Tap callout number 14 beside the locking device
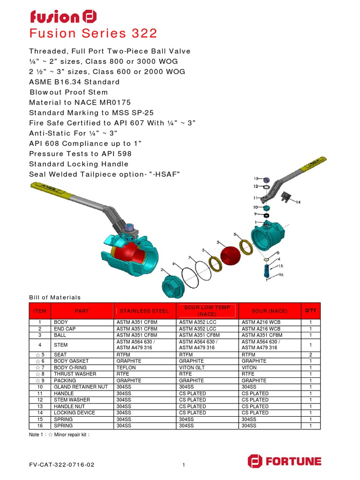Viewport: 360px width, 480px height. pyautogui.click(x=298, y=202)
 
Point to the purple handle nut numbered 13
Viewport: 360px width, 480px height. pyautogui.click(x=265, y=180)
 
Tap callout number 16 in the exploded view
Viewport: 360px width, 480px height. pyautogui.click(x=281, y=276)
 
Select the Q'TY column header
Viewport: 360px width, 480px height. pyautogui.click(x=311, y=311)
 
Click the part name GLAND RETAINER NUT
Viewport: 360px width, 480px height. pyautogui.click(x=81, y=387)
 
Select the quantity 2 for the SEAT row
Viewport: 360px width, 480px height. pyautogui.click(x=311, y=355)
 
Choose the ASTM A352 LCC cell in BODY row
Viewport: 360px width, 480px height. pyautogui.click(x=196, y=322)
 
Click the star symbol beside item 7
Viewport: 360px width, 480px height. pyautogui.click(x=37, y=367)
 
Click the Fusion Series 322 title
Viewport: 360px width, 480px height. pyautogui.click(x=93, y=34)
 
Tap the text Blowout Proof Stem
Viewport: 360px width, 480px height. pyautogui.click(x=68, y=92)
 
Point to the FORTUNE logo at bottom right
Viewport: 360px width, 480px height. pyautogui.click(x=285, y=461)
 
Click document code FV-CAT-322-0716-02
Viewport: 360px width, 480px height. pyautogui.click(x=62, y=465)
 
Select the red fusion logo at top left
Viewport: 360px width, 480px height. pyautogui.click(x=63, y=17)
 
